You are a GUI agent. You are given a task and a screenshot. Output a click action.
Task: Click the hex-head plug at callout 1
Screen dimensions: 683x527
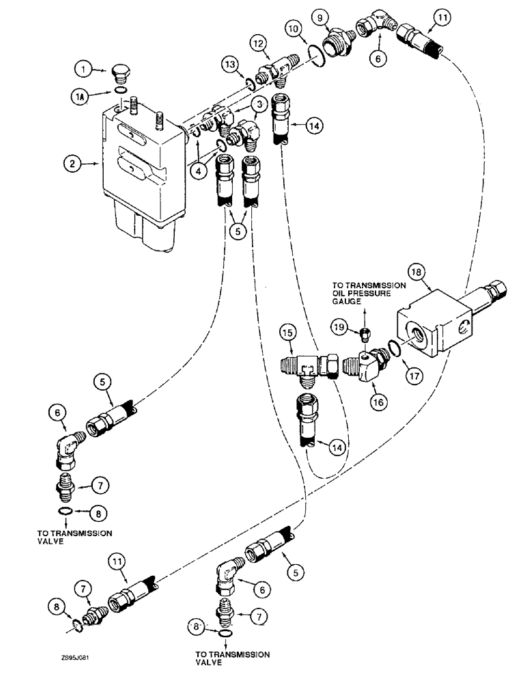pyautogui.click(x=118, y=74)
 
